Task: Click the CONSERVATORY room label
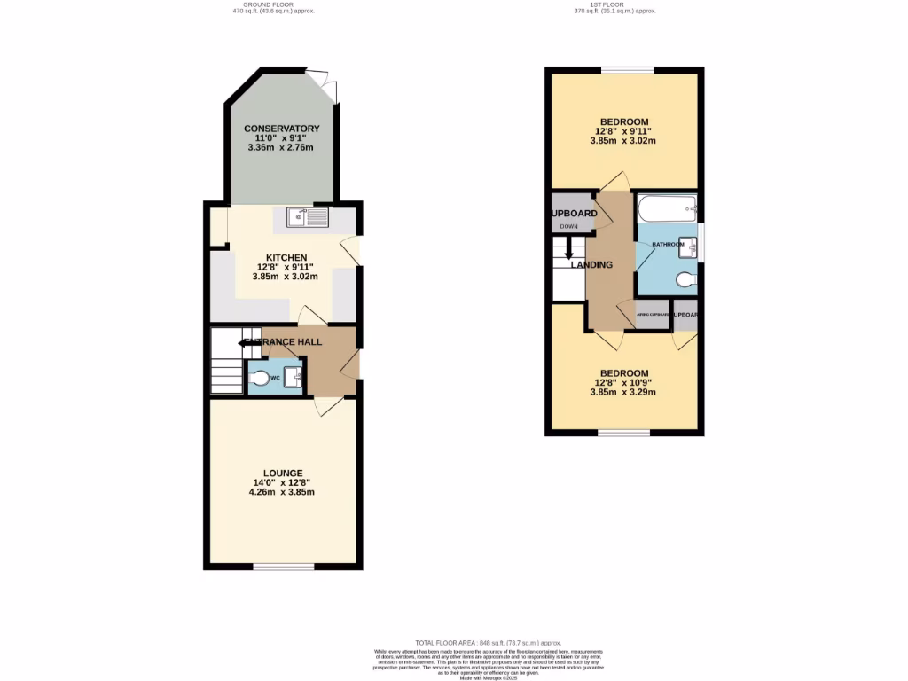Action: pos(281,129)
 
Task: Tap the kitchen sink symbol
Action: pos(307,216)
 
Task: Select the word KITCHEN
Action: pos(281,257)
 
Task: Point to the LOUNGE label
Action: pos(283,473)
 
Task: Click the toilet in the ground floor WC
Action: pos(259,379)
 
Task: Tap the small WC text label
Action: pos(275,378)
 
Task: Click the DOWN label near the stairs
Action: pos(568,226)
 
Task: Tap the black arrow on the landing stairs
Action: pos(568,254)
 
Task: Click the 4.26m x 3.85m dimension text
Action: pos(283,492)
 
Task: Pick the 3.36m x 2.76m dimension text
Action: pos(281,148)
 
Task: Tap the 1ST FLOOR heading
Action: pos(614,4)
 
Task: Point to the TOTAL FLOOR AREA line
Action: pos(488,642)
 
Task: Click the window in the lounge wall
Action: pos(282,567)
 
